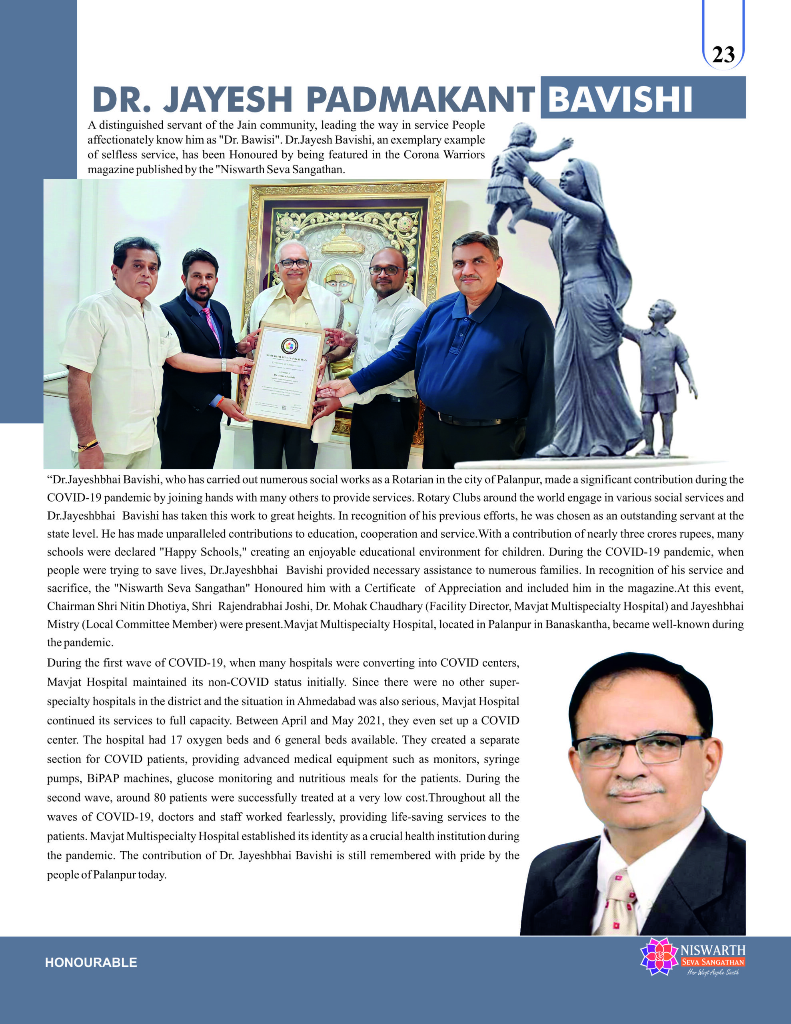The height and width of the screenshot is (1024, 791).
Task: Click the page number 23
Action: click(x=723, y=55)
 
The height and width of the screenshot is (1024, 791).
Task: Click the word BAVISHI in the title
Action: click(x=619, y=99)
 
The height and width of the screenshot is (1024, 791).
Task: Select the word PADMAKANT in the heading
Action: click(x=421, y=99)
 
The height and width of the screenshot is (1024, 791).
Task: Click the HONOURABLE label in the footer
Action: click(x=91, y=962)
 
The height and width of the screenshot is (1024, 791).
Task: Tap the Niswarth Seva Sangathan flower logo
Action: click(x=659, y=956)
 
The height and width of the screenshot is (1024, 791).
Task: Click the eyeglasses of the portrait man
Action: click(x=637, y=750)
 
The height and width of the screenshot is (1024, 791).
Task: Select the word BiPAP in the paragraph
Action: click(x=103, y=778)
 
